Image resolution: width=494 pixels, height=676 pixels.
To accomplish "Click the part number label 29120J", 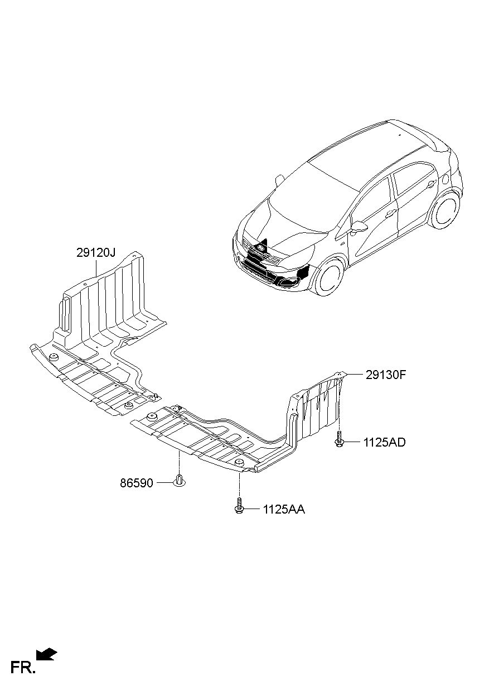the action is [x=95, y=253].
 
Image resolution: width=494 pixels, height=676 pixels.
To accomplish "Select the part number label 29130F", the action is [x=386, y=375].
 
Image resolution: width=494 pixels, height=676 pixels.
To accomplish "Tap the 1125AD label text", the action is [x=384, y=443].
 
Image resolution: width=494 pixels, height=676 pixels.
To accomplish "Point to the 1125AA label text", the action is [x=284, y=510].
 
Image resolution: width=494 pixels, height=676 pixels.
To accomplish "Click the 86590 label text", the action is [x=137, y=483].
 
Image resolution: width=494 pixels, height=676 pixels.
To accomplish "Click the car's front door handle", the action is [x=391, y=213].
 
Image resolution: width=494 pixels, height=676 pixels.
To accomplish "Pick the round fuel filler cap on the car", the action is [x=445, y=179].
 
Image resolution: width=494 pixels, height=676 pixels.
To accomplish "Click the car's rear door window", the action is [x=413, y=179].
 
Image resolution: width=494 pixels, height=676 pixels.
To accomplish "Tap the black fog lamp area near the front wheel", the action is [x=302, y=273].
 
